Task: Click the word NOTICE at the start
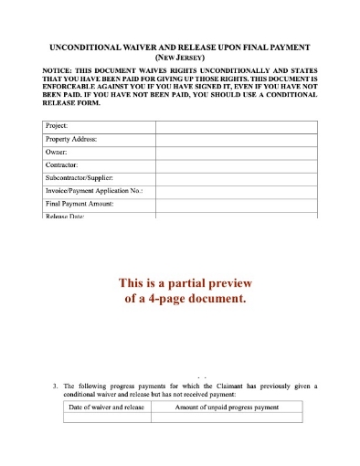pyautogui.click(x=59, y=70)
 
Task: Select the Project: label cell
pyautogui.click(x=57, y=126)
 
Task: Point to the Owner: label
pyautogui.click(x=57, y=152)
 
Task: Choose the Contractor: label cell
pyautogui.click(x=62, y=164)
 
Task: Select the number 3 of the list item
pyautogui.click(x=56, y=386)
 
